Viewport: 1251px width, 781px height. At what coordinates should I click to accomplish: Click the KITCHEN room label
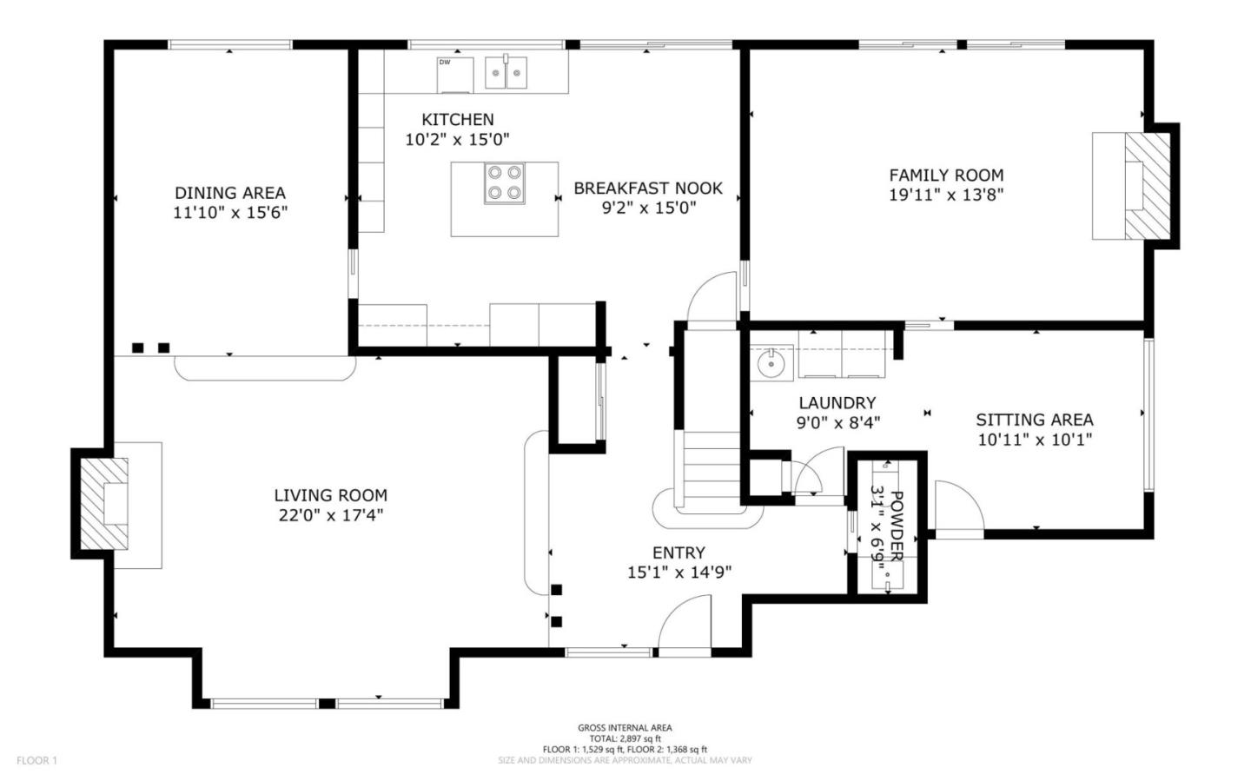[x=457, y=120]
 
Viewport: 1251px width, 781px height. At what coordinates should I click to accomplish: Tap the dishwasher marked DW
[x=454, y=74]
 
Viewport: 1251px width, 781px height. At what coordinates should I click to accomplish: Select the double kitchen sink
[x=506, y=73]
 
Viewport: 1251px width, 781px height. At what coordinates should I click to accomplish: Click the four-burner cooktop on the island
[x=505, y=183]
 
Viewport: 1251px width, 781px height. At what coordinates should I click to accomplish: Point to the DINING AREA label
[x=230, y=193]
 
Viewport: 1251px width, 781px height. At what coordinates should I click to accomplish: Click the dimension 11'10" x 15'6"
[x=230, y=213]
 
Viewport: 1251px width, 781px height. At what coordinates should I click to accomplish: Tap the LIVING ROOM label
[x=330, y=495]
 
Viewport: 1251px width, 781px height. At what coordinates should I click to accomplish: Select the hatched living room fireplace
[x=104, y=504]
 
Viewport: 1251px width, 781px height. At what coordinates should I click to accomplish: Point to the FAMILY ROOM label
[x=946, y=175]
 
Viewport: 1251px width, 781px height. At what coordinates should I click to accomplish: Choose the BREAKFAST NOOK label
[x=648, y=188]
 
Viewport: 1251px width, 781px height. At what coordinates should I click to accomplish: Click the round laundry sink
[x=771, y=364]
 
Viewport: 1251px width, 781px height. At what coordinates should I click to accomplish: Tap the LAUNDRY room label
[x=837, y=403]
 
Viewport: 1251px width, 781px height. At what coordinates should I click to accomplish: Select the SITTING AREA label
[x=1034, y=420]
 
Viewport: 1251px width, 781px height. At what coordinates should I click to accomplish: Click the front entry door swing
[x=684, y=627]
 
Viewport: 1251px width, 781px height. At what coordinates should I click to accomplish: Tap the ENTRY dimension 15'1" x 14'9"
[x=678, y=573]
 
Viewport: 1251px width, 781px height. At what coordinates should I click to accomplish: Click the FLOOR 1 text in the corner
[x=36, y=761]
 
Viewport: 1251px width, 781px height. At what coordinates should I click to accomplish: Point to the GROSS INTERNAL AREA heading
[x=625, y=728]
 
